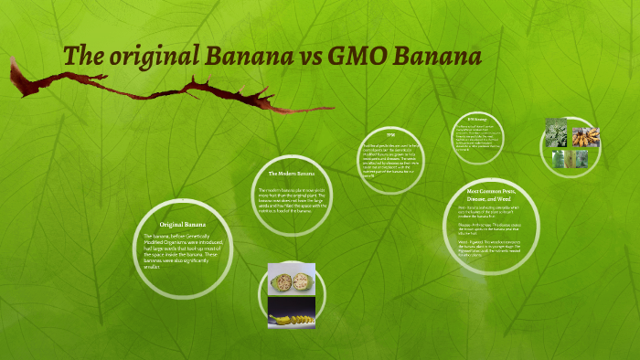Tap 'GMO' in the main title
point(363,56)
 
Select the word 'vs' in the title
point(310,56)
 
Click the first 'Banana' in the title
point(246,56)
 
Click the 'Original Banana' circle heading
point(183,224)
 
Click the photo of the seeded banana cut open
point(292,278)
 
